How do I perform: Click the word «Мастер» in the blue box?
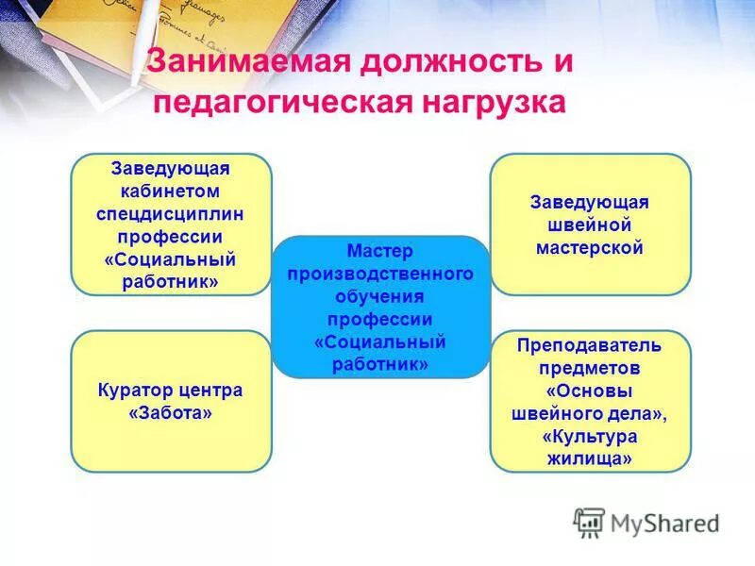(x=379, y=251)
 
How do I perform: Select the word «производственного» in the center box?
(x=380, y=274)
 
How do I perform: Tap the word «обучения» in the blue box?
(x=380, y=296)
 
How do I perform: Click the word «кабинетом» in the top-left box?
(x=171, y=191)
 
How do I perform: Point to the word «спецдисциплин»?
(x=171, y=214)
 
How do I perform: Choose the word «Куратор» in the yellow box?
(x=134, y=390)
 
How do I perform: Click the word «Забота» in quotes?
(x=171, y=412)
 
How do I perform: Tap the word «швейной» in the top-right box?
(x=589, y=226)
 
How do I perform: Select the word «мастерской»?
(x=589, y=249)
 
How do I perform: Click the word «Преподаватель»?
(x=589, y=345)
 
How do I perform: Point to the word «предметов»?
(x=591, y=368)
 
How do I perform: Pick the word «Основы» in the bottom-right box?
(x=590, y=391)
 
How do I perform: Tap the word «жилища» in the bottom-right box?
(x=589, y=458)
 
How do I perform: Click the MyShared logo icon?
(x=590, y=523)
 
